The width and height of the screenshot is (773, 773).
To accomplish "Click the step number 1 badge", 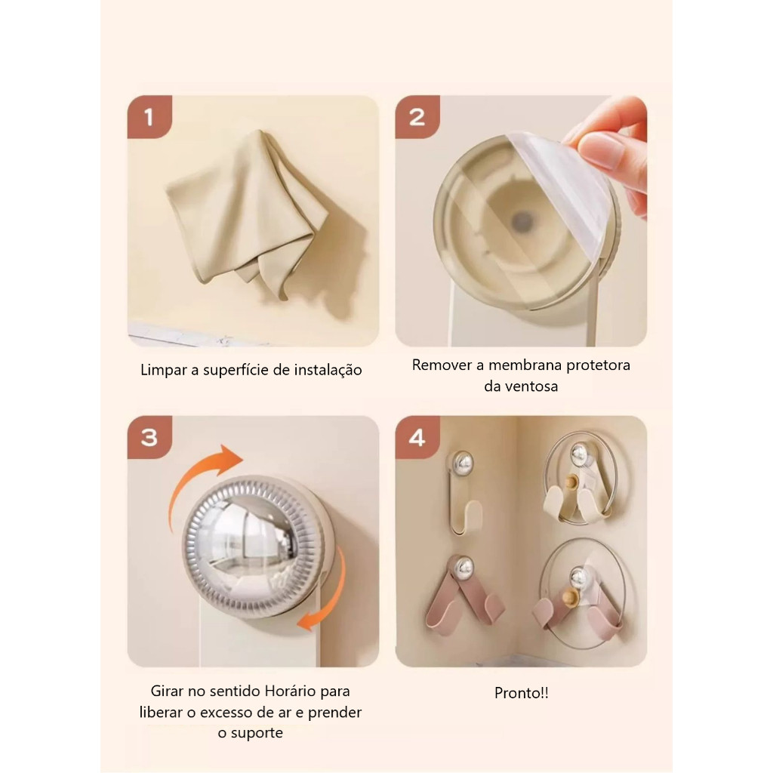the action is pos(149,117).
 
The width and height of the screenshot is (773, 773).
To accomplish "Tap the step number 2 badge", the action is pos(417,117).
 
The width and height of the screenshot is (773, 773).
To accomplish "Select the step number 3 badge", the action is pos(149,437).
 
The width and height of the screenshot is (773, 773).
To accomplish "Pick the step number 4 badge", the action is pos(417,437).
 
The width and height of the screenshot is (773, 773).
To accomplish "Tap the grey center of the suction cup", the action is pos(521,221).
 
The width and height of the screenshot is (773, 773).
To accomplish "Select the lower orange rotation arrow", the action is pos(325,592).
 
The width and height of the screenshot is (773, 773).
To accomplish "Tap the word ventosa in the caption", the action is pos(532,386).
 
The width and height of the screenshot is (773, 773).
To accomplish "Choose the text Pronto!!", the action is pos(521,693).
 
